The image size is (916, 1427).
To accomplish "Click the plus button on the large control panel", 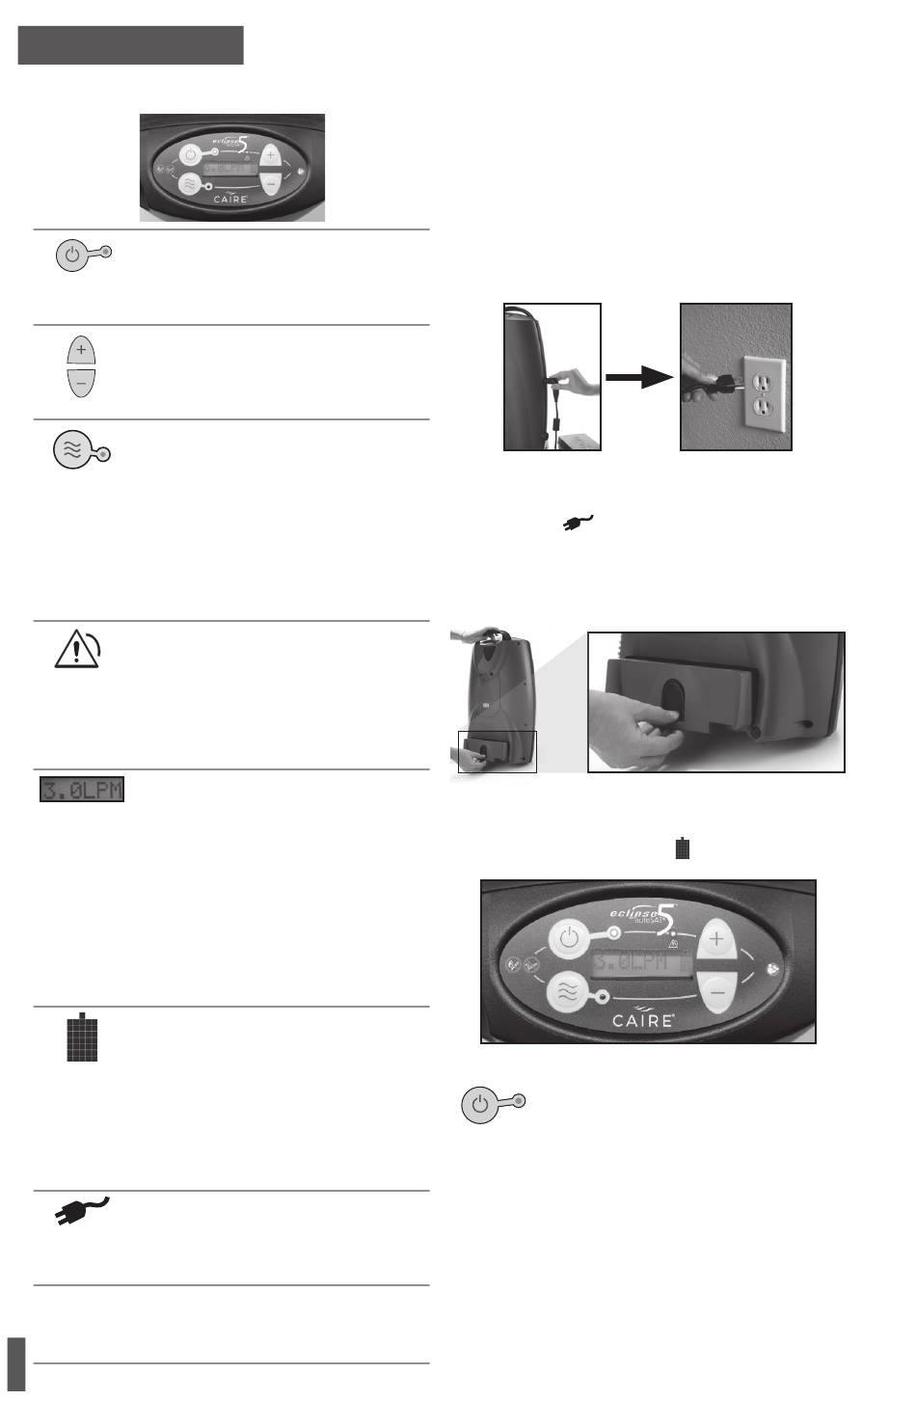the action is pyautogui.click(x=715, y=938).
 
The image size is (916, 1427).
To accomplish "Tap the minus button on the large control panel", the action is pyautogui.click(x=715, y=989).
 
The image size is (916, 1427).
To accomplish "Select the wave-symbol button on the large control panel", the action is pyautogui.click(x=568, y=995).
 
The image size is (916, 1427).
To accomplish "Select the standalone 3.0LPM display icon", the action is pyautogui.click(x=82, y=791).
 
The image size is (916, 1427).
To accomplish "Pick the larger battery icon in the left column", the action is pyautogui.click(x=83, y=1037).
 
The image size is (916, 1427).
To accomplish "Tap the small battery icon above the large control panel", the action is pyautogui.click(x=683, y=848).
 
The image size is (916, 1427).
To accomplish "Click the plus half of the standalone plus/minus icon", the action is pyautogui.click(x=81, y=348).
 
